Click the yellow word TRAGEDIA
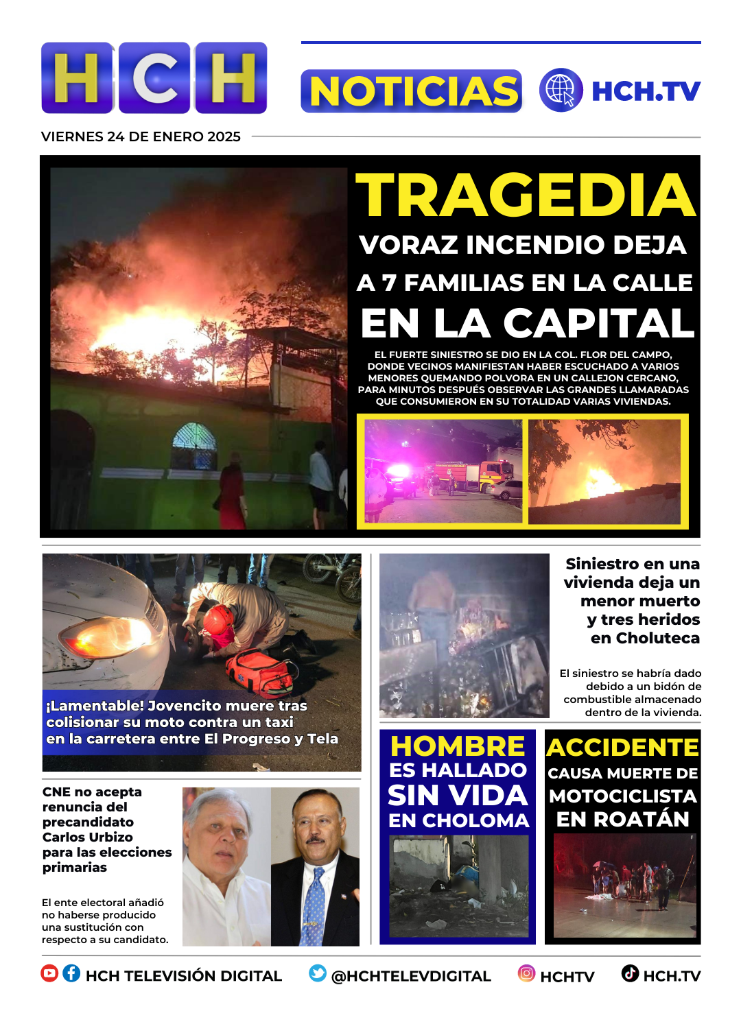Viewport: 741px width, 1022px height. point(526,195)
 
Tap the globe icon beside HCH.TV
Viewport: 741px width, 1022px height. point(561,91)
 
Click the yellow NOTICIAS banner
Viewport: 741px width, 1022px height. point(412,91)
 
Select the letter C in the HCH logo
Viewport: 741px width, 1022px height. point(154,78)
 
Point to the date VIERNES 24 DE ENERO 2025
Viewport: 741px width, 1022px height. point(141,136)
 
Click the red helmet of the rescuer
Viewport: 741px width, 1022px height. point(218,618)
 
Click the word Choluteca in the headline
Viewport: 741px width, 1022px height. point(645,638)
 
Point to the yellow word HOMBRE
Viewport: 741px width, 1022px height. point(458,746)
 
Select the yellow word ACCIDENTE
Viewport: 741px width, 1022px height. point(622,747)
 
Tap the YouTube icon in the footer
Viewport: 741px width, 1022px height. point(49,973)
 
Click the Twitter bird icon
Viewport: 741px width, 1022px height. point(318,973)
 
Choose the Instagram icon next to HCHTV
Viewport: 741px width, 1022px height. point(526,973)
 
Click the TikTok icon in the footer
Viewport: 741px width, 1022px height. point(630,973)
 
